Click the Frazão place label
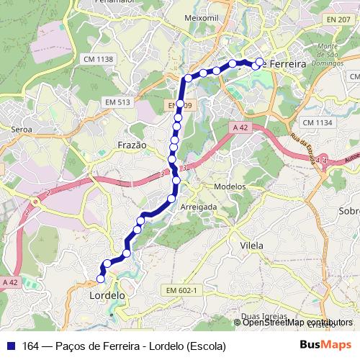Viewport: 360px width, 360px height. click(x=132, y=145)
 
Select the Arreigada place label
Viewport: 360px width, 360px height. click(x=199, y=206)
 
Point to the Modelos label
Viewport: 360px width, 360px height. click(x=230, y=186)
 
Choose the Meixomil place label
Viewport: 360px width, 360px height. click(x=201, y=16)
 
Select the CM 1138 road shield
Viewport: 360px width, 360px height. click(x=99, y=59)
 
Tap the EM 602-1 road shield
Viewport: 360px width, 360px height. click(x=181, y=289)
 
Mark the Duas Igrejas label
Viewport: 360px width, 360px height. click(x=261, y=316)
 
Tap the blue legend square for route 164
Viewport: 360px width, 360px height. click(x=11, y=346)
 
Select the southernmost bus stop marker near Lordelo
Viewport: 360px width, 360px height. click(x=101, y=279)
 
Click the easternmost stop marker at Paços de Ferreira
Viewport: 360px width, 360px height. click(x=260, y=62)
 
